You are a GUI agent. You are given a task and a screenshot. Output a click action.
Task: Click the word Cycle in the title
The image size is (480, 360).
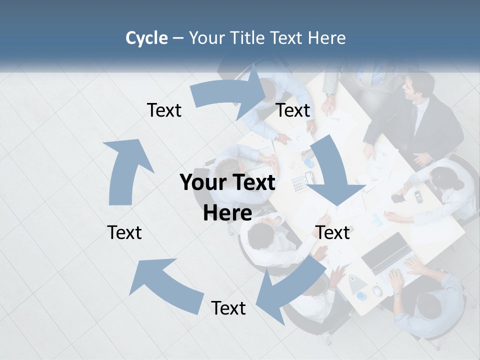click(146, 38)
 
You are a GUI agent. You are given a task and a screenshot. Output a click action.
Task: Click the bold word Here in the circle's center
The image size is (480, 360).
click(227, 213)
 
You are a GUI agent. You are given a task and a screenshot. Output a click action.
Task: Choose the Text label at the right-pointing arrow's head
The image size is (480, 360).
click(293, 110)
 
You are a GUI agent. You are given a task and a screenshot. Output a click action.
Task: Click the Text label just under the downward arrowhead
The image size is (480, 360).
click(332, 232)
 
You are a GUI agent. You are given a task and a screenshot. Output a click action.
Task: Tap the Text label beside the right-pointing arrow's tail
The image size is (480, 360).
click(164, 110)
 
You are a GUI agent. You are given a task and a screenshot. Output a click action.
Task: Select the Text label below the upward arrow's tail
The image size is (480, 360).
click(124, 232)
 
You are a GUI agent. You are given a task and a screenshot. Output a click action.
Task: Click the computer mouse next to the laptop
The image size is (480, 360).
click(377, 290)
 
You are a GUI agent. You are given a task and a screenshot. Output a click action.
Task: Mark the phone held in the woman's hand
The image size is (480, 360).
click(398, 198)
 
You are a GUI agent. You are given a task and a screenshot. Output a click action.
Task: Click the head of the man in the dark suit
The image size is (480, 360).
click(417, 86)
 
